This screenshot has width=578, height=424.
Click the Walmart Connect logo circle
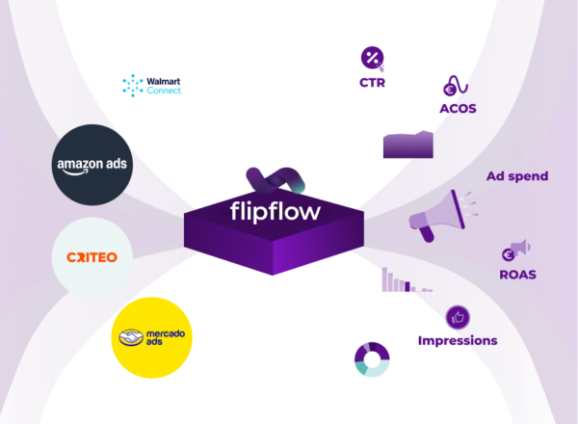[x=152, y=86]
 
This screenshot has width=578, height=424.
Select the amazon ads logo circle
[x=92, y=165]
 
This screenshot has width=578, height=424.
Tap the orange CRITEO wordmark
[x=92, y=257]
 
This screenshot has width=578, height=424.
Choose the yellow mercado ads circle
[x=152, y=337]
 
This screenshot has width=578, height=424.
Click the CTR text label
[x=373, y=84]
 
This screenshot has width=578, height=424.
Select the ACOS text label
[x=457, y=108]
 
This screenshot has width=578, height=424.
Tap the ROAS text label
[x=517, y=274]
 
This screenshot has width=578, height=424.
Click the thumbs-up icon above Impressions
[x=458, y=316]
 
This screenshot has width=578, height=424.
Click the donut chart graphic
[x=372, y=358]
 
